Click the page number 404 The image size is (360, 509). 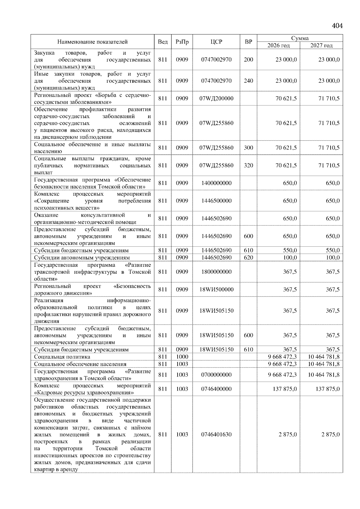click(337, 26)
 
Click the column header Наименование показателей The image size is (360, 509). click(92, 42)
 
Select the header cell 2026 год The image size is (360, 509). click(278, 46)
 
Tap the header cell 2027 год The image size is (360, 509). click(321, 46)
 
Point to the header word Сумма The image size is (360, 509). click(300, 38)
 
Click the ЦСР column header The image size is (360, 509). click(216, 42)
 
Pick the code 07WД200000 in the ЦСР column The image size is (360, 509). click(216, 99)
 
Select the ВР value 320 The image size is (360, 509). click(248, 165)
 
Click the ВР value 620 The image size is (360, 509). click(248, 257)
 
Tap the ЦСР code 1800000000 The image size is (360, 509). click(216, 272)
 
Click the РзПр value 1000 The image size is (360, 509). click(182, 357)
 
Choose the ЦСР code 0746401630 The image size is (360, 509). click(216, 434)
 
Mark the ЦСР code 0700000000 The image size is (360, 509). click(216, 375)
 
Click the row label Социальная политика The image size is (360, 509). click(62, 357)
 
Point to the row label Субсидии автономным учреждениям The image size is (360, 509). click(82, 257)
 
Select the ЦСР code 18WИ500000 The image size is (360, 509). click(216, 290)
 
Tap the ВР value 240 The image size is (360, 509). click(248, 81)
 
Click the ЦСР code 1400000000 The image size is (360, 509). click(216, 183)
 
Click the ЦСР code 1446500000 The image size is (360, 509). click(216, 201)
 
